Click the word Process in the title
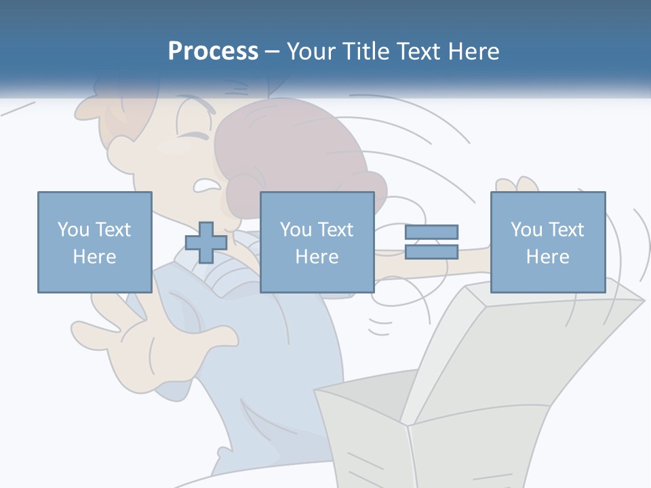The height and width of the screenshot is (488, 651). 213,52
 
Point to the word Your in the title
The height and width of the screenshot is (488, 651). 312,52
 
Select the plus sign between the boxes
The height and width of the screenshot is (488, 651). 206,243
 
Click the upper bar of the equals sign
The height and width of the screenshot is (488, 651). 431,232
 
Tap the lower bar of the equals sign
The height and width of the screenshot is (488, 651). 431,252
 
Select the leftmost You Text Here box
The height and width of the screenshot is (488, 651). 94,242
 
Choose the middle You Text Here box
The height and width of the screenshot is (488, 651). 317,242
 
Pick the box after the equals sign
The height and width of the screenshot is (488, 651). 547,242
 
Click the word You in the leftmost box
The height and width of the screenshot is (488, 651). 73,230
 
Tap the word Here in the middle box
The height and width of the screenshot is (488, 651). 317,257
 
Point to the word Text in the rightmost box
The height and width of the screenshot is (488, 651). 566,230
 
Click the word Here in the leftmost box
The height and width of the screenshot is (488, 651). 94,257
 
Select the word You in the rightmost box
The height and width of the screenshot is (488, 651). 526,230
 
